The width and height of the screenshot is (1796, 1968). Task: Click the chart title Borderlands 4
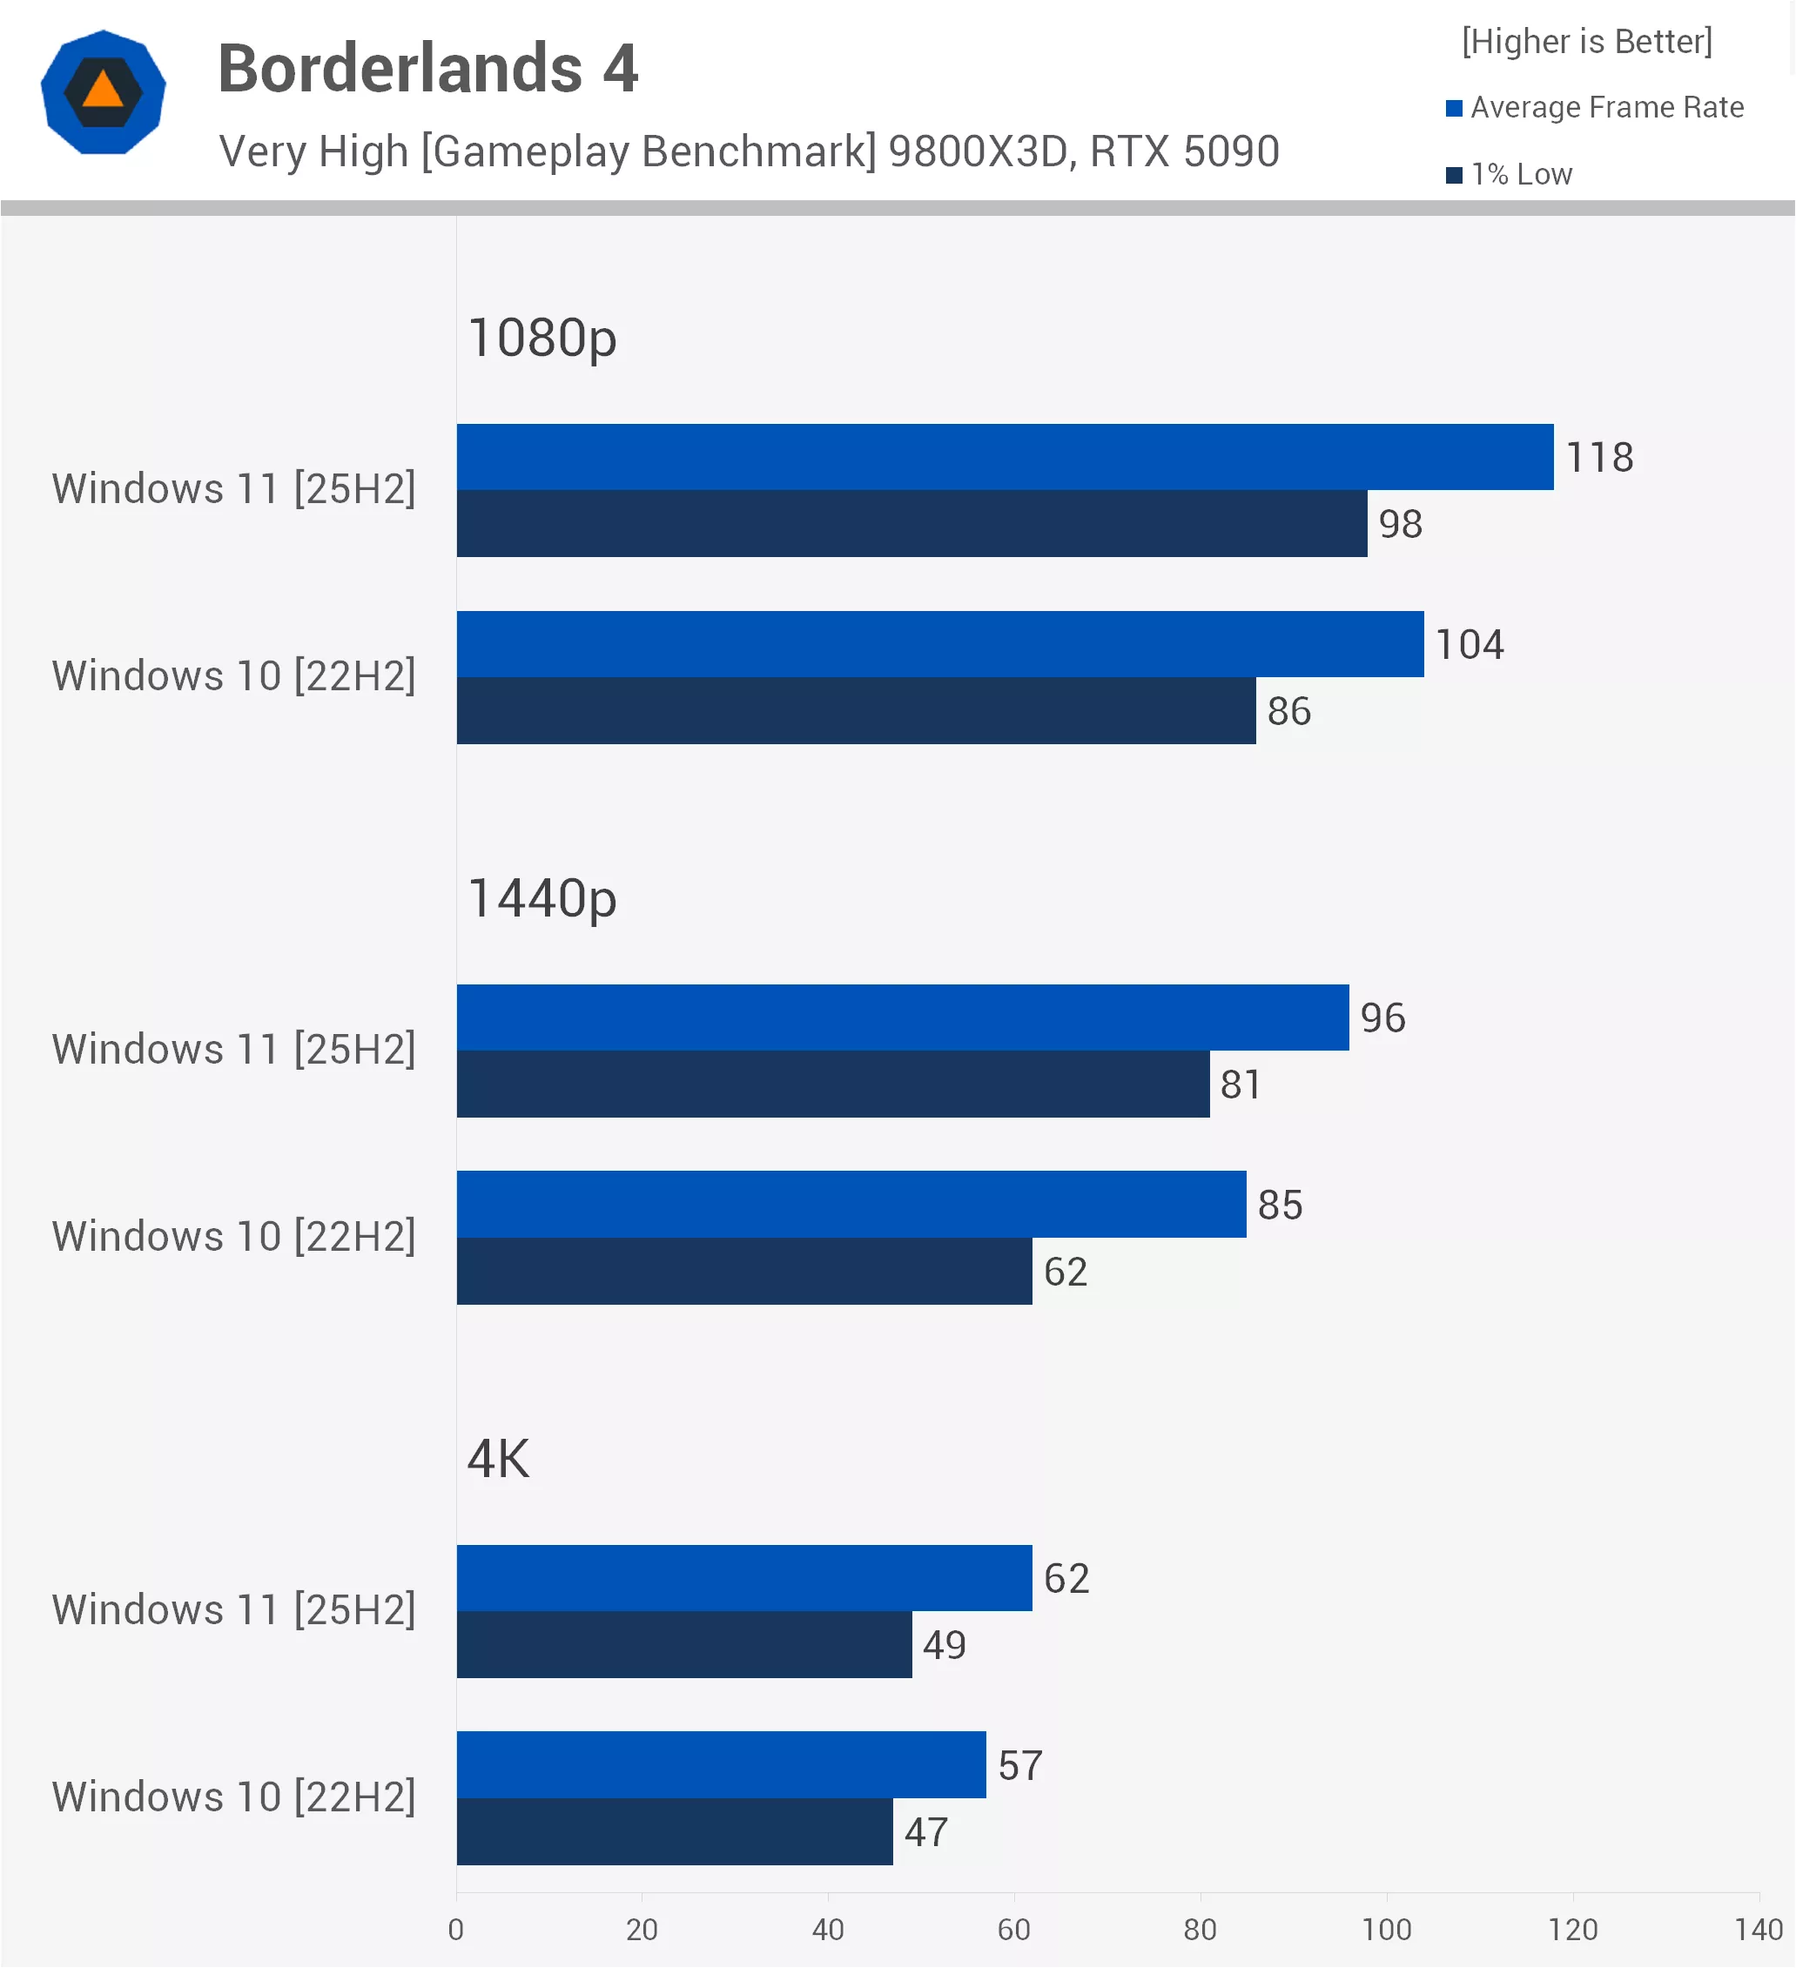pyautogui.click(x=427, y=69)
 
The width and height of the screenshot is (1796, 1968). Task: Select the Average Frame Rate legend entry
pyautogui.click(x=1595, y=107)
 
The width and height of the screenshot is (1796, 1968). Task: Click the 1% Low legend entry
pyautogui.click(x=1509, y=175)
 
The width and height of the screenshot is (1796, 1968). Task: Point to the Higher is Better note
pyautogui.click(x=1587, y=42)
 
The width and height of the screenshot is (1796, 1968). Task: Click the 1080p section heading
pyautogui.click(x=542, y=339)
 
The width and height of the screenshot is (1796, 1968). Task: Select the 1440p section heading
pyautogui.click(x=542, y=899)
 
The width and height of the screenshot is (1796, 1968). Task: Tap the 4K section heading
pyautogui.click(x=498, y=1460)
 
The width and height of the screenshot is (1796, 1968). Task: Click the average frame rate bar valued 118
pyautogui.click(x=1005, y=457)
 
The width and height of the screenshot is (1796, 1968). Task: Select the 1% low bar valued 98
pyautogui.click(x=912, y=523)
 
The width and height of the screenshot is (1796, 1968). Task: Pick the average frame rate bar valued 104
pyautogui.click(x=940, y=644)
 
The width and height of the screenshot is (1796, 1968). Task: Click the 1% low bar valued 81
pyautogui.click(x=833, y=1084)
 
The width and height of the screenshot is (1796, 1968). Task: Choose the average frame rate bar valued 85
pyautogui.click(x=851, y=1205)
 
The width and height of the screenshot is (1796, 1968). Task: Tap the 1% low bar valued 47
pyautogui.click(x=675, y=1831)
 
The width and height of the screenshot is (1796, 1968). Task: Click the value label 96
pyautogui.click(x=1382, y=1018)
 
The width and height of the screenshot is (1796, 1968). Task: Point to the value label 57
pyautogui.click(x=1020, y=1766)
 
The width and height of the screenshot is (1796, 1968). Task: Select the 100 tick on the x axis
pyautogui.click(x=1387, y=1930)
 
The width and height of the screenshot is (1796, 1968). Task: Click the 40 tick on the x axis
pyautogui.click(x=828, y=1930)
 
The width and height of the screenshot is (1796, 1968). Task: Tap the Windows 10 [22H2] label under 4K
pyautogui.click(x=234, y=1797)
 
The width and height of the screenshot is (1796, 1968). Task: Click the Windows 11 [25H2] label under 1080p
pyautogui.click(x=234, y=489)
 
